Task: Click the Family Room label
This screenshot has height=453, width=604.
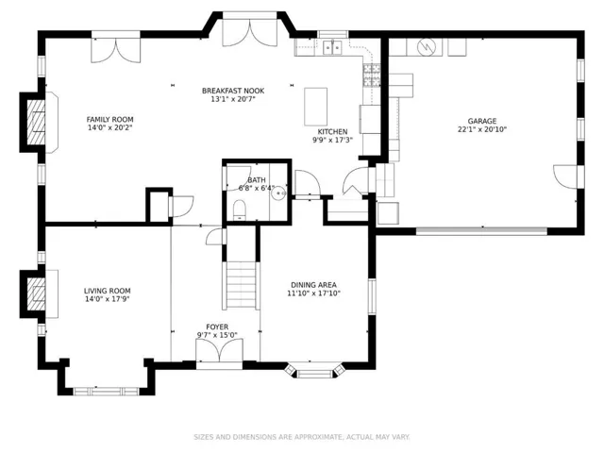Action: [x=109, y=120]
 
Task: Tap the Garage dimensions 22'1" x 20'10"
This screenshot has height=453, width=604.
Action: [x=482, y=129]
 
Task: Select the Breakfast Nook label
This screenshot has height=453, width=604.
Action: [x=233, y=91]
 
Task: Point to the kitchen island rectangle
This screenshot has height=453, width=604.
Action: [x=316, y=107]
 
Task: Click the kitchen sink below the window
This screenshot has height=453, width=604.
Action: [x=332, y=48]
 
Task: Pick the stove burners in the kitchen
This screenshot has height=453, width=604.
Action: [x=372, y=75]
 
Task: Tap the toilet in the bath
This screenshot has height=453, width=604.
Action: [x=239, y=210]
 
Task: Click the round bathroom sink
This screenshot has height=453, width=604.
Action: [x=278, y=193]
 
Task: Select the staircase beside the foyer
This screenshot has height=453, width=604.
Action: [x=241, y=284]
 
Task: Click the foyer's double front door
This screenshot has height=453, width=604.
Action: [x=219, y=354]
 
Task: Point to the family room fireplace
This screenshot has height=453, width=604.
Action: [x=36, y=123]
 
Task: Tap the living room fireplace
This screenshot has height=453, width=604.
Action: [x=36, y=294]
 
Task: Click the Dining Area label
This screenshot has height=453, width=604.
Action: [x=313, y=285]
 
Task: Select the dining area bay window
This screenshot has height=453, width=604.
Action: [x=313, y=370]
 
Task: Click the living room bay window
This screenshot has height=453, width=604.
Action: [x=106, y=391]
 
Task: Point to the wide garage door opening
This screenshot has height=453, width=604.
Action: [x=481, y=231]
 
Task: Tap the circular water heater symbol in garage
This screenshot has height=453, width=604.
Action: [x=426, y=47]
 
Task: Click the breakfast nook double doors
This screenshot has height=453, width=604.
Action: [x=250, y=30]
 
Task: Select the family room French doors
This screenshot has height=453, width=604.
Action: [x=115, y=48]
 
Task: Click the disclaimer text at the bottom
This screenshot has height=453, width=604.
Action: [x=302, y=437]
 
